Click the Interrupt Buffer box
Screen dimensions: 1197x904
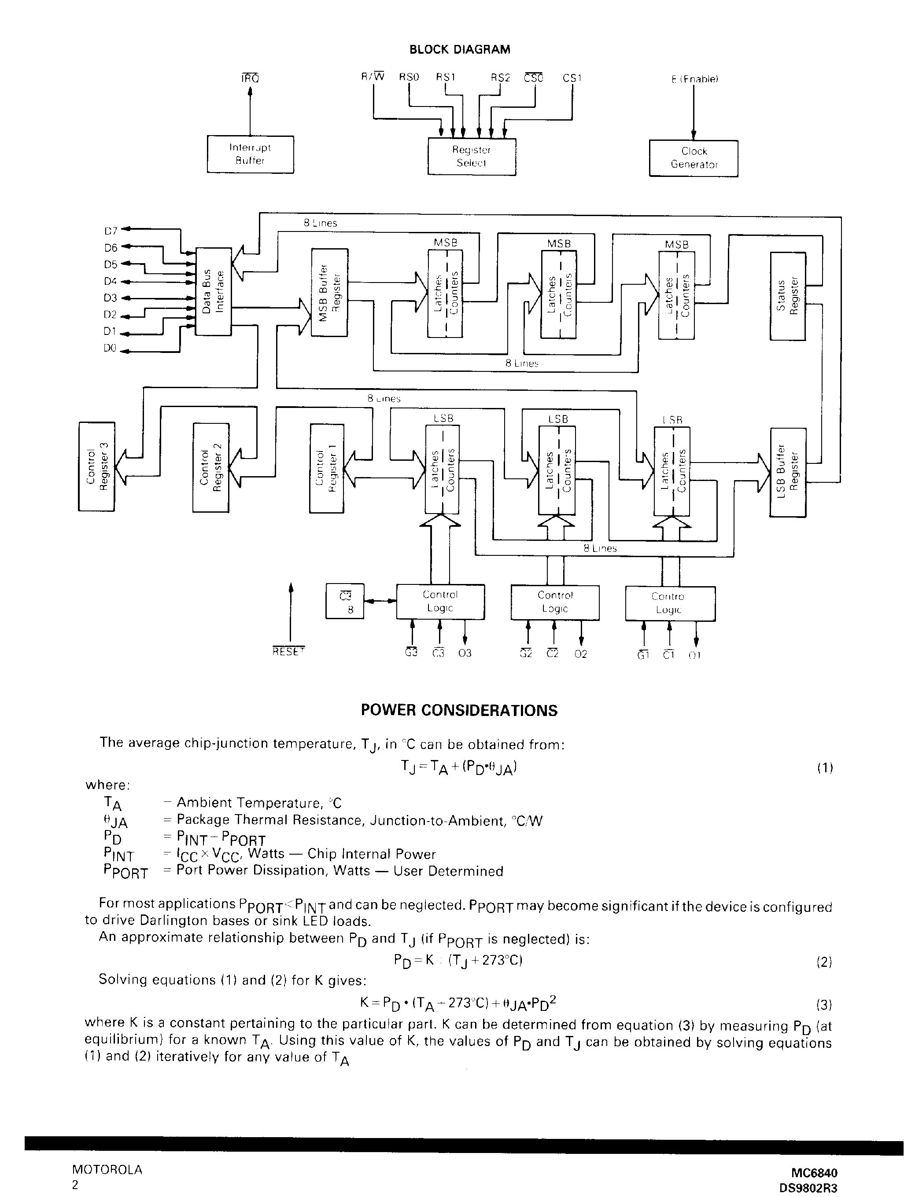pos(250,154)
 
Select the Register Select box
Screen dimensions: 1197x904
pos(472,156)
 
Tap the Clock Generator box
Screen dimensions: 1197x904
pos(694,158)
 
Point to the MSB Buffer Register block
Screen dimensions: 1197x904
pos(329,292)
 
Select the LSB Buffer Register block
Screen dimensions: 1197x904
pos(788,471)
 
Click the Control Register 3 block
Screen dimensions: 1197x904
pos(96,466)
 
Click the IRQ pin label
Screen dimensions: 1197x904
pos(250,78)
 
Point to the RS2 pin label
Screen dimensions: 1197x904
pos(500,77)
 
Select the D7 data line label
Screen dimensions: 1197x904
pos(111,231)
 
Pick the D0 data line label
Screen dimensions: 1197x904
pos(110,349)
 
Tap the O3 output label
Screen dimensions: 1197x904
pos(465,653)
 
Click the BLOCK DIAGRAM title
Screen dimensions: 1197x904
pos(459,50)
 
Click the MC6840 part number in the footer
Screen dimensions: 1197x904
pos(814,1173)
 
